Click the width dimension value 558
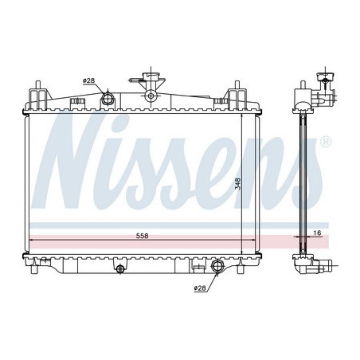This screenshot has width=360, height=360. click(x=140, y=237)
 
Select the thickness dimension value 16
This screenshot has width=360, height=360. click(x=318, y=233)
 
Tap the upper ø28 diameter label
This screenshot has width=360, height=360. click(x=88, y=80)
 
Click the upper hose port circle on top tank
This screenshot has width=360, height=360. click(x=108, y=98)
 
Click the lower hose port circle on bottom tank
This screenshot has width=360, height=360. click(x=217, y=266)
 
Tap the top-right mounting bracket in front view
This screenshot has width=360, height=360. click(x=237, y=96)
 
